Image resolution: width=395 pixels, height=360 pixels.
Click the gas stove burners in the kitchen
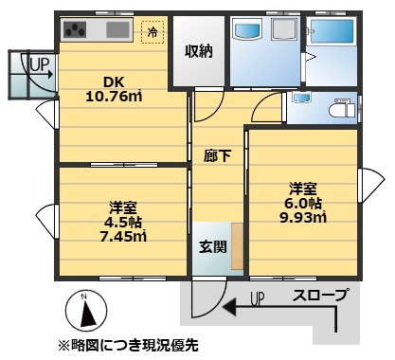tap(75, 29)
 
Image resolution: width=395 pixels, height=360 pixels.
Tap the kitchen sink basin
tap(117, 29)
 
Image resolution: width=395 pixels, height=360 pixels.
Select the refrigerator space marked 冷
tap(153, 31)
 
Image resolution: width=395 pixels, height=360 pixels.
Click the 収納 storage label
tap(199, 51)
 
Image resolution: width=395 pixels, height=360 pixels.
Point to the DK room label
tap(114, 82)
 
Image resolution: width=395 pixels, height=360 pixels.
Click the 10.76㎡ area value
tap(114, 96)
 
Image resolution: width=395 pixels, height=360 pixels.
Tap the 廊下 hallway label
tap(218, 155)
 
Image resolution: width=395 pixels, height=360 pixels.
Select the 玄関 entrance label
tap(213, 246)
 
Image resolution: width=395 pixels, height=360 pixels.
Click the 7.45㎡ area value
tap(123, 236)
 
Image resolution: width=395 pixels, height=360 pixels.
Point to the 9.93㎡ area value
tap(303, 217)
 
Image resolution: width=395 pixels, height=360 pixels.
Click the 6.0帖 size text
tap(303, 203)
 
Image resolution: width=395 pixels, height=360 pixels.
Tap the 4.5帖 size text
tap(123, 222)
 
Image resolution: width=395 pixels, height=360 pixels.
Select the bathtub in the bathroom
tap(332, 31)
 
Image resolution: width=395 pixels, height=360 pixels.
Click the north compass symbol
tap(86, 311)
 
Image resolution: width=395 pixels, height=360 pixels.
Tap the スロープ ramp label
tap(320, 295)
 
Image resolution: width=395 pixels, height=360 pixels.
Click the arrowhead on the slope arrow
tap(229, 306)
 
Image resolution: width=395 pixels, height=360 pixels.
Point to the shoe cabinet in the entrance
tap(237, 246)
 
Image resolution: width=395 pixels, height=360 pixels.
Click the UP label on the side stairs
tap(40, 64)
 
